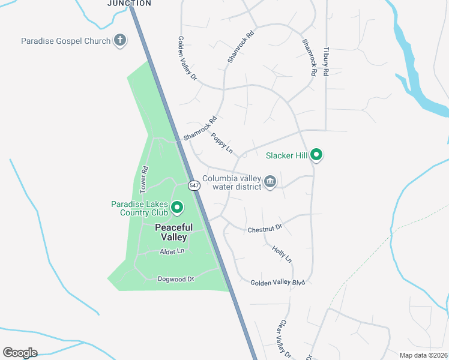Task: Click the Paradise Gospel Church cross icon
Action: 120,41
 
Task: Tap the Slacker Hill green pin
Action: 316,155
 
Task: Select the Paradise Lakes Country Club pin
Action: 177,208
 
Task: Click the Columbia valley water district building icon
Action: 270,182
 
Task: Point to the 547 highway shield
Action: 194,185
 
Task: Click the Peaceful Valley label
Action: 174,232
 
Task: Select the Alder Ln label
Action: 172,252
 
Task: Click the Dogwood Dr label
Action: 176,279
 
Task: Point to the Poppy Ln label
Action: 221,143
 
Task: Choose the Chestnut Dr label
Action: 265,229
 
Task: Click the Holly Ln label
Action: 282,254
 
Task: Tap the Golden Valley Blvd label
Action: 278,283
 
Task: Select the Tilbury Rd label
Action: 326,61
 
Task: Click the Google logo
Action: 20,353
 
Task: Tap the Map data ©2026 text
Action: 423,355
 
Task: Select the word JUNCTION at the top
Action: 129,3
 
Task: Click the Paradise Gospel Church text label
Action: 66,41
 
